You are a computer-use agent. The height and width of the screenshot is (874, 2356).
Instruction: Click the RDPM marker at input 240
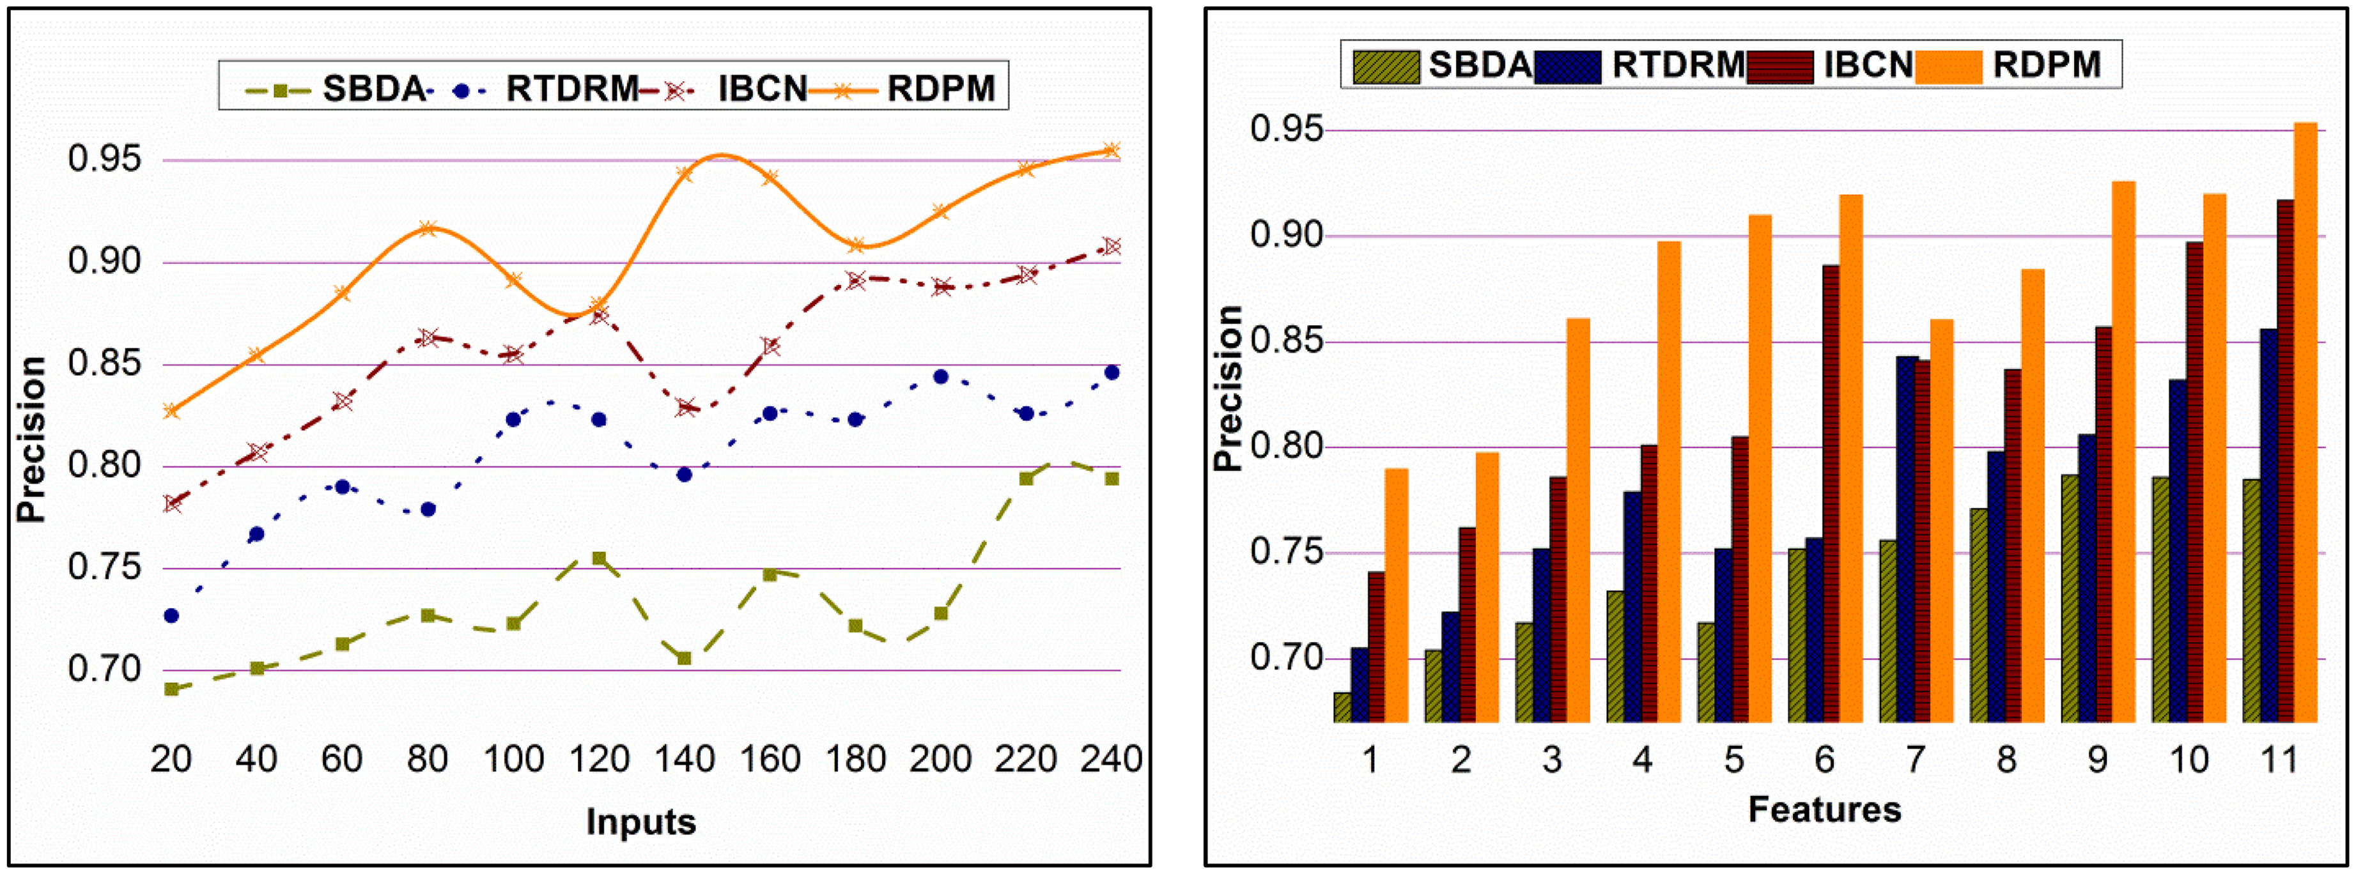(1112, 149)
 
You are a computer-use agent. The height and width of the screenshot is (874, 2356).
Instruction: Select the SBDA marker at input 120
(599, 558)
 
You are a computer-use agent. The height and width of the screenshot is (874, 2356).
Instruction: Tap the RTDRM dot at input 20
(171, 616)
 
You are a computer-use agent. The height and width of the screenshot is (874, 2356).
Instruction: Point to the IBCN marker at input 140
(685, 407)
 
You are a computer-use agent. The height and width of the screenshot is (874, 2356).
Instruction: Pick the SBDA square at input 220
(1026, 478)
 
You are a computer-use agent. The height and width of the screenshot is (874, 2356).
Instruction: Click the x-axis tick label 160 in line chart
(770, 759)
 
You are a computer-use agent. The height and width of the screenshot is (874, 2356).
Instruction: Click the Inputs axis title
(640, 822)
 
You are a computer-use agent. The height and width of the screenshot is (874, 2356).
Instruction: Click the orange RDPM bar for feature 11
(2305, 420)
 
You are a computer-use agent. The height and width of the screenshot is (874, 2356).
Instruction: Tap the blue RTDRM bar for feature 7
(1906, 539)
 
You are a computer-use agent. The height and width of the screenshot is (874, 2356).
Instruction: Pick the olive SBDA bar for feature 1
(1342, 707)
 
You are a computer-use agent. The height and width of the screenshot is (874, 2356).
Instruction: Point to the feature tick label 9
(2097, 760)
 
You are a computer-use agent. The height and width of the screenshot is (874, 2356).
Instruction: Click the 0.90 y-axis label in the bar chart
(1287, 236)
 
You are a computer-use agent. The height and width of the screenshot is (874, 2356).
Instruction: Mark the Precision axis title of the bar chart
(1227, 388)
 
